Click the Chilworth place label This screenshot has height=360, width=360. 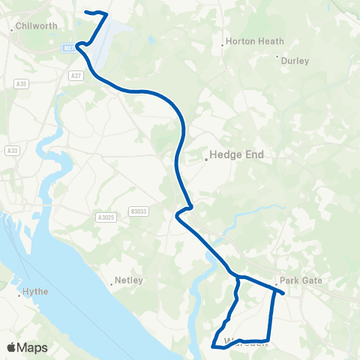(x=37, y=25)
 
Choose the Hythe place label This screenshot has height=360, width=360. (x=36, y=290)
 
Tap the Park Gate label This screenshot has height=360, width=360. (x=301, y=280)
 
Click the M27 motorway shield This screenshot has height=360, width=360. (x=67, y=47)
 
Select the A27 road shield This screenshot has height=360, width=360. (x=76, y=76)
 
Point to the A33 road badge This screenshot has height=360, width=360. (x=11, y=151)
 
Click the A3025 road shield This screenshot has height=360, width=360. (x=106, y=217)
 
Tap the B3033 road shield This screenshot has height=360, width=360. (x=138, y=212)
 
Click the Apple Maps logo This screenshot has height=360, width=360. (x=27, y=347)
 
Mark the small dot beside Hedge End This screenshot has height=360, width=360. (x=207, y=159)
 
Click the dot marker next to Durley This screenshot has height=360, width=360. (x=277, y=56)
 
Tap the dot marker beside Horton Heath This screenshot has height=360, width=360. (x=222, y=46)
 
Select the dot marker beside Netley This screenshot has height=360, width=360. (x=112, y=283)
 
